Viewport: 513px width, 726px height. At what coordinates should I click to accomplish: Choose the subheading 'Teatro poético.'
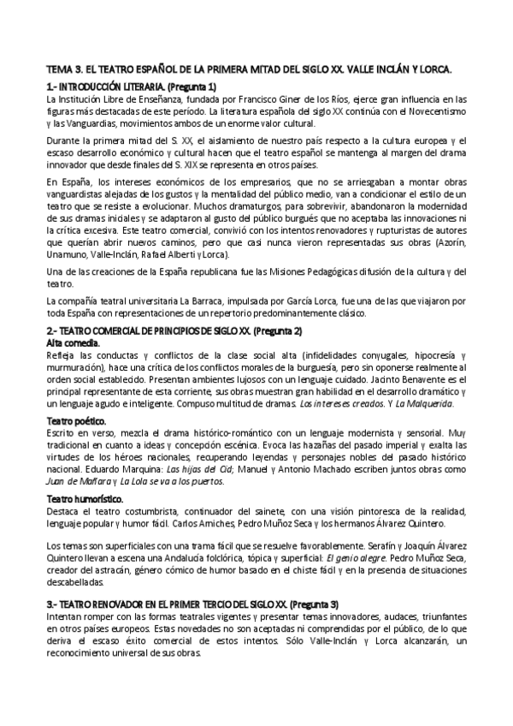[x=76, y=420]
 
